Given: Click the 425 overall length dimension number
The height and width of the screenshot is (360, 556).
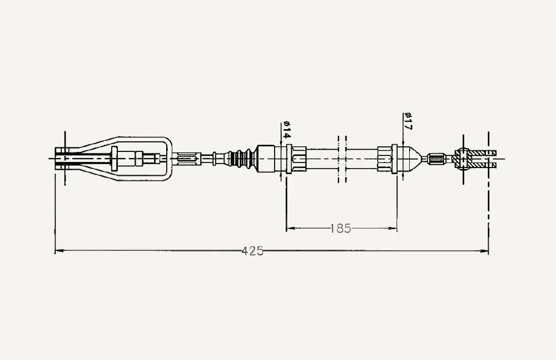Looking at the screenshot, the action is click(252, 251).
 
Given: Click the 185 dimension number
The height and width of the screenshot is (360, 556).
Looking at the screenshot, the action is click(340, 228).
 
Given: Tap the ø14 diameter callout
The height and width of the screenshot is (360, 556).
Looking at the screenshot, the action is click(286, 130).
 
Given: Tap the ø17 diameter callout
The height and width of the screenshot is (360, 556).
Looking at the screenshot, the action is click(408, 121).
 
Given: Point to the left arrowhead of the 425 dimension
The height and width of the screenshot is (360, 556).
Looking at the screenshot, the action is click(59, 250).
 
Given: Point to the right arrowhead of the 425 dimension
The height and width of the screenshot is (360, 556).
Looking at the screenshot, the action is click(484, 251).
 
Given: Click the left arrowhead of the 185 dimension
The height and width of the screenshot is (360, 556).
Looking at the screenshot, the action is click(291, 228).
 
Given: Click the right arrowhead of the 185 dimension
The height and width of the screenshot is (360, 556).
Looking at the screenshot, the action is click(392, 228).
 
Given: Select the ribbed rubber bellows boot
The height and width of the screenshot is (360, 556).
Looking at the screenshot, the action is click(243, 159).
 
